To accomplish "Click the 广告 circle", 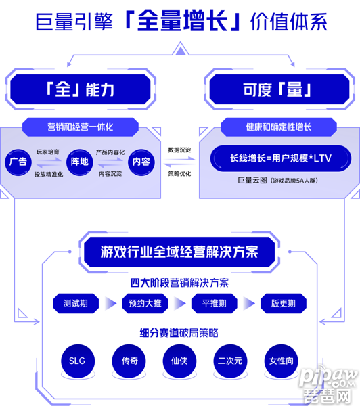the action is [18, 162].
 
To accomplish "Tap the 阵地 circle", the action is [79, 162].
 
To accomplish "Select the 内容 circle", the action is [141, 162].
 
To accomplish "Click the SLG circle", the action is [78, 361].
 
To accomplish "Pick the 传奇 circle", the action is [129, 361].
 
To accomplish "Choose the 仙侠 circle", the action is [179, 361].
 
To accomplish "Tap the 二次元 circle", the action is [230, 361].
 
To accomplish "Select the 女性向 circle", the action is [281, 361].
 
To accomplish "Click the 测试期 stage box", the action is [76, 303].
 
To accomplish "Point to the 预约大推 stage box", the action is [145, 303].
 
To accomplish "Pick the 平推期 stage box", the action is [215, 303].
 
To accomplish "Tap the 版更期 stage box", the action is [284, 303].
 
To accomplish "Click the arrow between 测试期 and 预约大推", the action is [110, 303].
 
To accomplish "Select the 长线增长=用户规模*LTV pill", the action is [281, 158].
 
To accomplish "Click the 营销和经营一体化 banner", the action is [81, 127].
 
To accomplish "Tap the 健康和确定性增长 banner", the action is [279, 127].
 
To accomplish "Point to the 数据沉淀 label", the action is [179, 150].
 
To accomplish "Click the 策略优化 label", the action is [179, 174].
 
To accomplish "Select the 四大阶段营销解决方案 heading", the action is [179, 283].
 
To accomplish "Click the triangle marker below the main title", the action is [181, 49].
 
